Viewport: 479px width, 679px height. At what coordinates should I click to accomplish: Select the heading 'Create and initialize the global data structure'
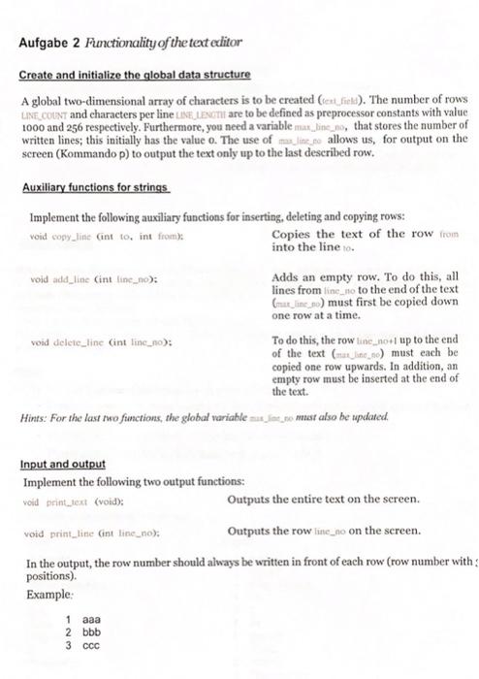tap(136, 75)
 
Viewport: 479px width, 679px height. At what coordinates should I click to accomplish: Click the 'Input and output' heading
tap(62, 464)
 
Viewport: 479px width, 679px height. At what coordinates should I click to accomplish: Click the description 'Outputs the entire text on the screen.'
tap(324, 499)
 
